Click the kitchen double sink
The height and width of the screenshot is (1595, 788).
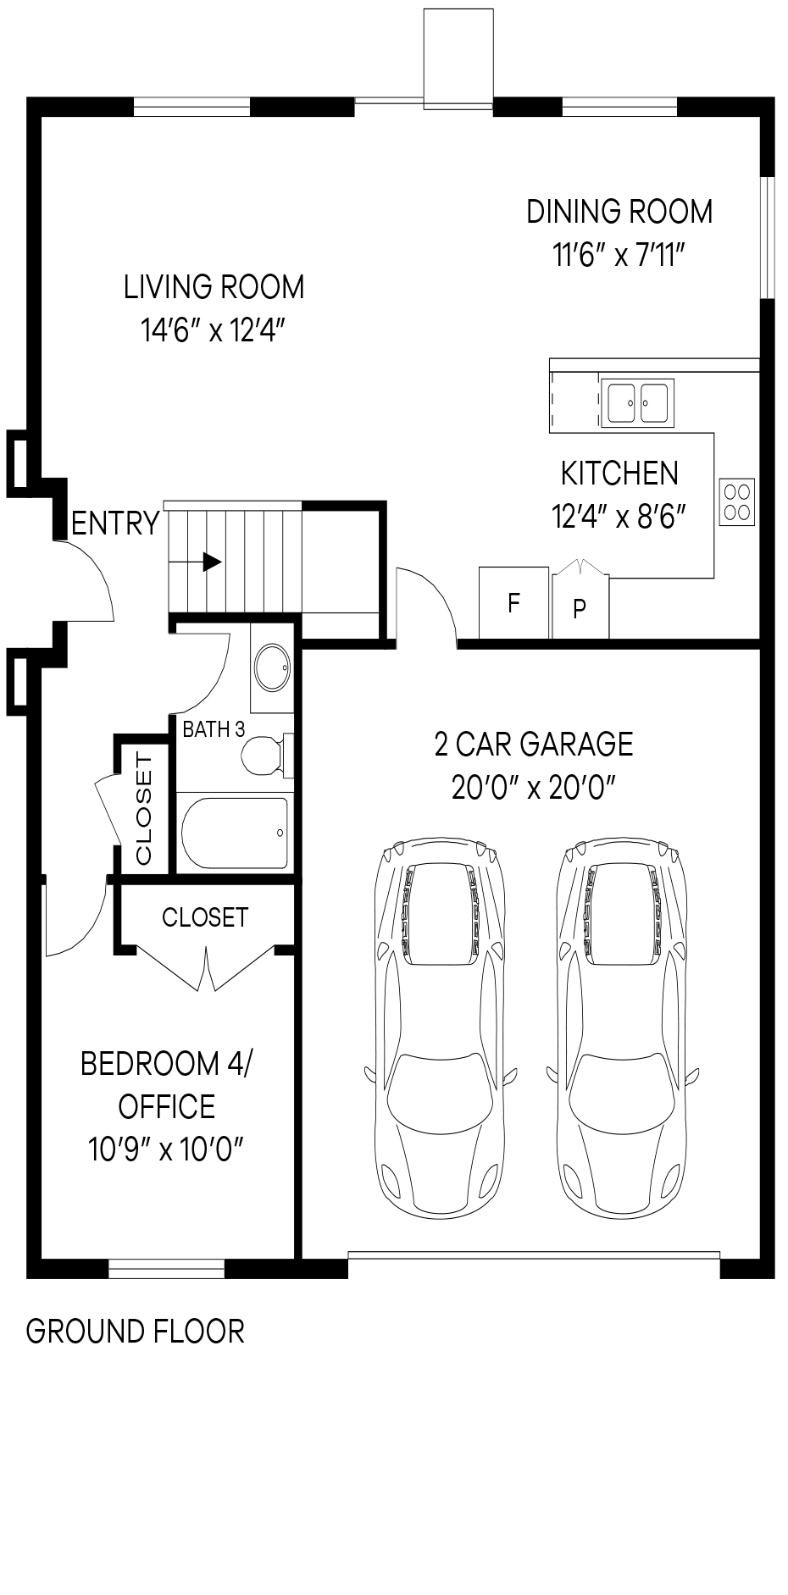(x=637, y=402)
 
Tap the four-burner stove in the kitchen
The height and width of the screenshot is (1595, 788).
(x=736, y=501)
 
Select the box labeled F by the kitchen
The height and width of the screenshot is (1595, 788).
(x=513, y=603)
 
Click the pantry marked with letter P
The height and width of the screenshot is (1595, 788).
(x=580, y=607)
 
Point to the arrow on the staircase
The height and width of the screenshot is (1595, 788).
(x=211, y=562)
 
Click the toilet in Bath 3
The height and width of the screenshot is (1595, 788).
(x=265, y=754)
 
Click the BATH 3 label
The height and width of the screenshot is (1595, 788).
(x=214, y=729)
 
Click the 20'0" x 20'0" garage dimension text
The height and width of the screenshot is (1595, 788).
(x=533, y=788)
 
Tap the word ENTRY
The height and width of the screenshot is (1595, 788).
(x=115, y=524)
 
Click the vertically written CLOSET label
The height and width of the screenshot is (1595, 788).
(x=143, y=809)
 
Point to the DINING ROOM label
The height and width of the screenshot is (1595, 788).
(x=619, y=211)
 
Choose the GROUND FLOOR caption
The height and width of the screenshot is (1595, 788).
(x=136, y=1332)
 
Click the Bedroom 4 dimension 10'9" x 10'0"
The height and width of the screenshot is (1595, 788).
(x=166, y=1149)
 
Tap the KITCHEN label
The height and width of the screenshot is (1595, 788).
(x=619, y=473)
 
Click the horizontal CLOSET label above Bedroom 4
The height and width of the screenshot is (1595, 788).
(x=205, y=917)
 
